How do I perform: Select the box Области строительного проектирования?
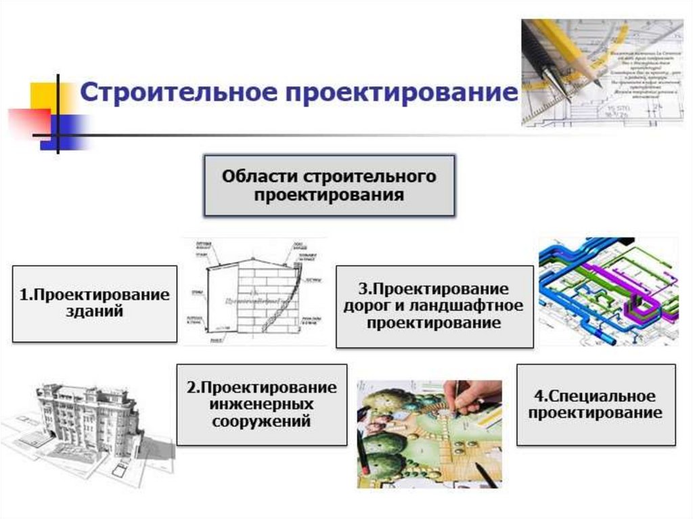pos(330,185)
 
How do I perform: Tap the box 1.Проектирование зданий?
pos(94,303)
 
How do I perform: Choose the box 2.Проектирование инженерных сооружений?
pos(261,404)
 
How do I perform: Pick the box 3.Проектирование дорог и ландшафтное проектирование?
pos(433,306)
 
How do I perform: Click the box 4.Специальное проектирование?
pos(596,404)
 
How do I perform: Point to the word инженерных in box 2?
pos(261,404)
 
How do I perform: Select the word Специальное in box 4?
pos(596,395)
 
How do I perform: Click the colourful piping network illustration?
pos(607,291)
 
